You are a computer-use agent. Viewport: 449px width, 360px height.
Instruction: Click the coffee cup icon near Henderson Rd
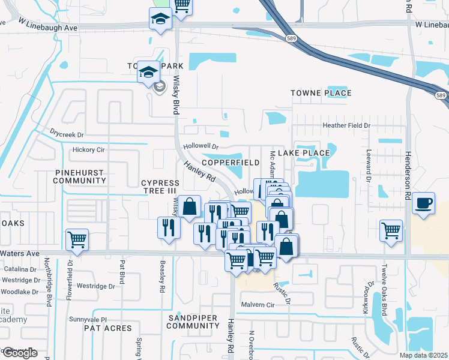[x=424, y=202]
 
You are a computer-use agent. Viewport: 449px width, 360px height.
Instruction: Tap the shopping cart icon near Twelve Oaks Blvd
[x=391, y=229]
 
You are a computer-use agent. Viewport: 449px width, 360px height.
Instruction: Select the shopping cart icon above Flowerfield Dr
[x=77, y=239]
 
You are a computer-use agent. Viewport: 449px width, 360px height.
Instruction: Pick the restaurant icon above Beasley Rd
[x=169, y=227]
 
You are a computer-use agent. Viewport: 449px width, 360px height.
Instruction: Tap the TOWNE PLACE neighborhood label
[x=321, y=93]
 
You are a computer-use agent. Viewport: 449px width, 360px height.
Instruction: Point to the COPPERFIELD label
[x=231, y=163]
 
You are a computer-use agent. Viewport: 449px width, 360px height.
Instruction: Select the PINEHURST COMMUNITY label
[x=79, y=176]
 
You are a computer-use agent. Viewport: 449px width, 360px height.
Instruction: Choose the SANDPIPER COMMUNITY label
[x=193, y=321]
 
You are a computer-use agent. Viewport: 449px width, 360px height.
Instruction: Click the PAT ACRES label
[x=108, y=328]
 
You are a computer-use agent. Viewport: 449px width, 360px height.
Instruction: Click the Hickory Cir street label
[x=88, y=149]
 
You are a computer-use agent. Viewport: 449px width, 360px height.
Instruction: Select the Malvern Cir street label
[x=258, y=305]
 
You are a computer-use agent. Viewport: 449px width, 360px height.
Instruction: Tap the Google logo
[x=20, y=353]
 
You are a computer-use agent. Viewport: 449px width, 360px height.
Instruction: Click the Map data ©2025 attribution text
[x=423, y=355]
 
